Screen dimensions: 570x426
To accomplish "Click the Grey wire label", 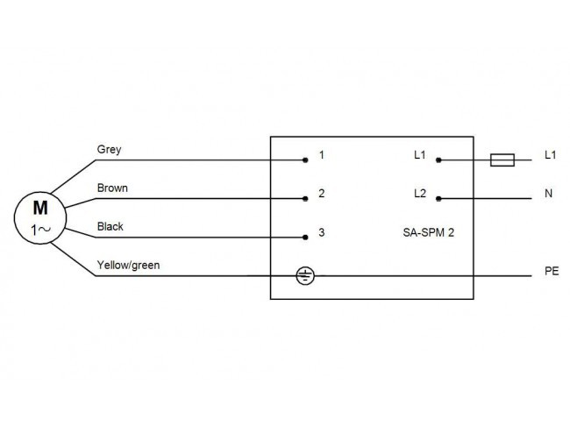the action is click(109, 150).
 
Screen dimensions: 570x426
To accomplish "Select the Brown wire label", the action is click(112, 188).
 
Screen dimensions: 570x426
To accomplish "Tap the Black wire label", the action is click(110, 226).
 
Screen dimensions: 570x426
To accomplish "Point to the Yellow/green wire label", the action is click(128, 266).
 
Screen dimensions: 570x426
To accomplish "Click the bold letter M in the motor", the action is click(40, 208).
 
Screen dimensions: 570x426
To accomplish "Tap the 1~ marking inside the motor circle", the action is click(40, 230).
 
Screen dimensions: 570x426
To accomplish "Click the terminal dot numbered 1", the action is click(305, 160).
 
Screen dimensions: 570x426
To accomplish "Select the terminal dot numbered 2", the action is click(305, 198).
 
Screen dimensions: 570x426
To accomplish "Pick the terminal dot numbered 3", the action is click(305, 238).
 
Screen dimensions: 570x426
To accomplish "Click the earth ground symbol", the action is click(305, 276).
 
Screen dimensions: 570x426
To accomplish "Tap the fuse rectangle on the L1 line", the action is click(502, 160).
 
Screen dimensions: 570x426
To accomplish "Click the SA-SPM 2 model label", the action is click(429, 232).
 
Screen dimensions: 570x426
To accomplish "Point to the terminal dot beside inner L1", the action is click(438, 160).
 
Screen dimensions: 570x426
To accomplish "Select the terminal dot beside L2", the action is click(438, 198).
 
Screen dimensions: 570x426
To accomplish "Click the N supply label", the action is click(549, 194).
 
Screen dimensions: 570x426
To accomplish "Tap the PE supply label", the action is click(552, 271).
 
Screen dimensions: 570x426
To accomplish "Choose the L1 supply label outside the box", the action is click(551, 155).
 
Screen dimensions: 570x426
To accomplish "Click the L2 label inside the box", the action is click(420, 194).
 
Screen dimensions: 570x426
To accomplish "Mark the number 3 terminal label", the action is click(321, 232).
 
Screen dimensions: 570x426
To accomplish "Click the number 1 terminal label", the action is click(321, 155).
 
